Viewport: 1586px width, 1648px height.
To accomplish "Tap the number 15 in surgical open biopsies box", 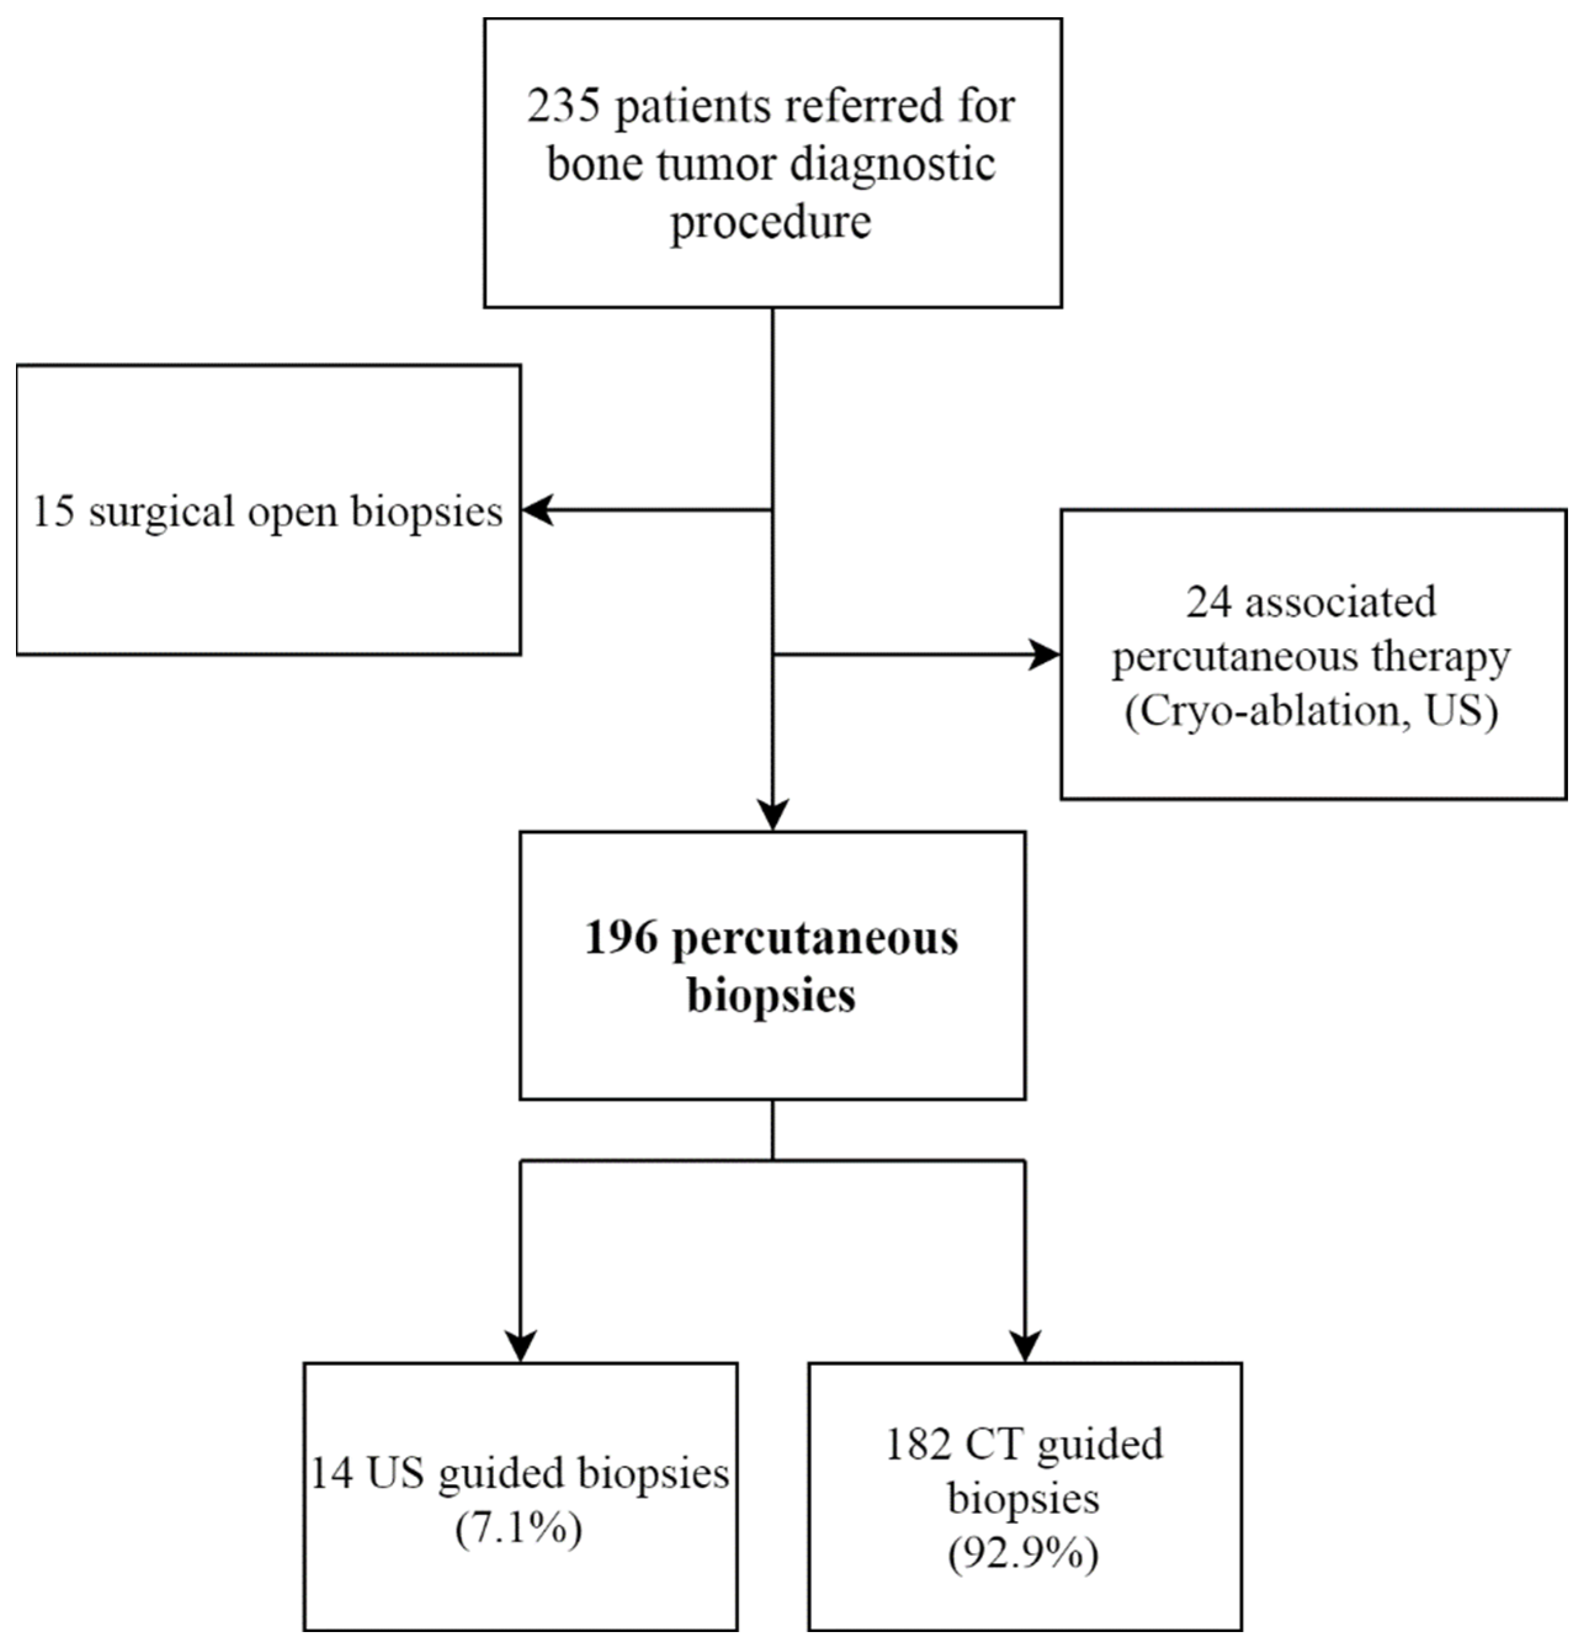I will pyautogui.click(x=54, y=511).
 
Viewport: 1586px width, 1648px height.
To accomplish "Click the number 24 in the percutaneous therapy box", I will pyautogui.click(x=1208, y=602).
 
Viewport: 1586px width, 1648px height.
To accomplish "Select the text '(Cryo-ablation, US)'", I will pyautogui.click(x=1311, y=711).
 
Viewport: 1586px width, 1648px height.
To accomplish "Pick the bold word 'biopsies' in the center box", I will pyautogui.click(x=771, y=996).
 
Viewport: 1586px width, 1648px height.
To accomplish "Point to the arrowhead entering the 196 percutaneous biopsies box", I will pyautogui.click(x=773, y=814).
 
